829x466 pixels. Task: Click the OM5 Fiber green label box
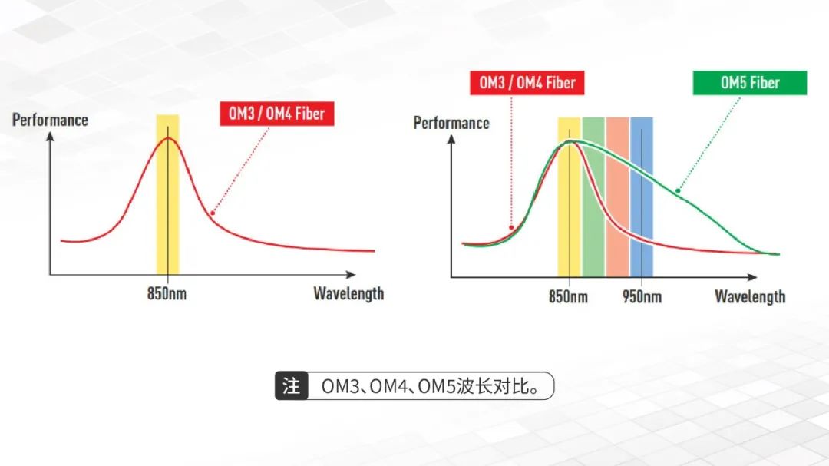click(750, 82)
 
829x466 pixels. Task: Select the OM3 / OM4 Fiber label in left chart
click(276, 113)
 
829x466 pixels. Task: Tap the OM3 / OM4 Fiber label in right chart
click(527, 82)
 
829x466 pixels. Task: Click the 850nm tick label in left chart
click(167, 293)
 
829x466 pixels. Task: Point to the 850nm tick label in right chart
click(568, 296)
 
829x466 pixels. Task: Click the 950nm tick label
click(642, 296)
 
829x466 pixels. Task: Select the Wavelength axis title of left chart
click(348, 293)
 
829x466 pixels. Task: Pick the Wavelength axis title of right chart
click(750, 297)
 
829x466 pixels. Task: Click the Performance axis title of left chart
click(50, 120)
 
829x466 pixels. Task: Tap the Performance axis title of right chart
click(451, 124)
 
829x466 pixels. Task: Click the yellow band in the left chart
click(167, 194)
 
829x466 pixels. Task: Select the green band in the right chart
click(593, 197)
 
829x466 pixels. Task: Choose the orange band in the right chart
click(617, 197)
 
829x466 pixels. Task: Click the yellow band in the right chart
click(570, 197)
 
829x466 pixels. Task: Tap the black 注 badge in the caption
click(292, 385)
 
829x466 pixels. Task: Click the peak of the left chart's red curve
click(168, 138)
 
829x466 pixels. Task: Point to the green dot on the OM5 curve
click(678, 191)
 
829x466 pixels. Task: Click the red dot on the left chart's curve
click(213, 213)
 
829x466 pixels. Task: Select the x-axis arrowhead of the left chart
click(351, 275)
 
